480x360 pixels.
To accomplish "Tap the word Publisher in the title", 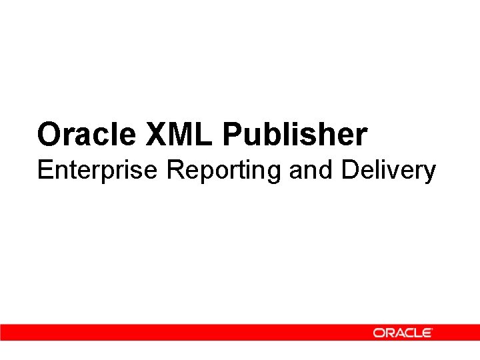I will (x=295, y=135).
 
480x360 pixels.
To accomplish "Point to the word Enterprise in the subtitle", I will (x=98, y=171).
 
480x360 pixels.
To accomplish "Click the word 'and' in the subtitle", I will (x=312, y=171).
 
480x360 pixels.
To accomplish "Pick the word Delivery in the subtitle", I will (x=389, y=171).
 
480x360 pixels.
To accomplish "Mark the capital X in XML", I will (x=157, y=135).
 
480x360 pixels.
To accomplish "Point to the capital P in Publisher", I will (x=233, y=135).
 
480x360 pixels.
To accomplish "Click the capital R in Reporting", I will (x=176, y=171).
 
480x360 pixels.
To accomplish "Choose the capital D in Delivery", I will (x=350, y=171).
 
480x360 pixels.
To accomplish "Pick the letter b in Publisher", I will (x=272, y=135).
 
